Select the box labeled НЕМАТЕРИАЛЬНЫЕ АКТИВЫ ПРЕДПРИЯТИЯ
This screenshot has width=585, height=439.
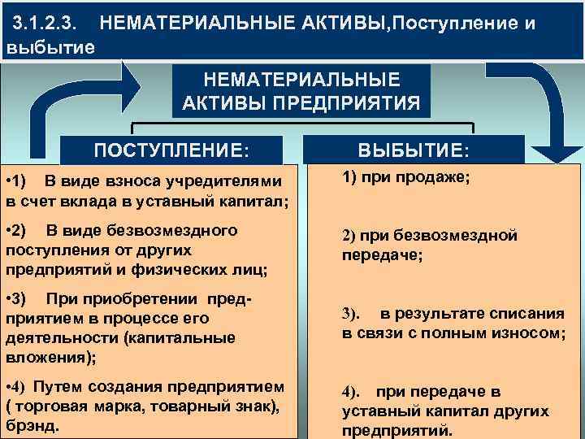(301, 92)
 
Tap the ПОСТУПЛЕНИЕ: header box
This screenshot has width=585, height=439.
(172, 150)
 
